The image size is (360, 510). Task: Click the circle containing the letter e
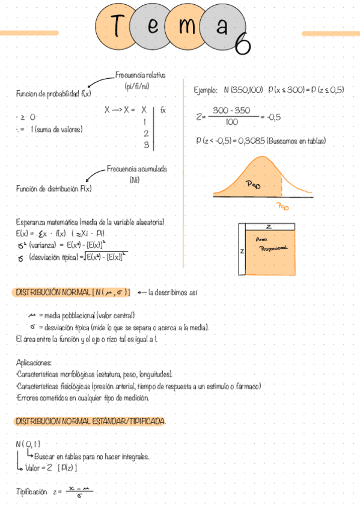[153, 27]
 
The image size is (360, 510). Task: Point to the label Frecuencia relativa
[140, 75]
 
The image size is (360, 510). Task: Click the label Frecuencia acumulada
[137, 170]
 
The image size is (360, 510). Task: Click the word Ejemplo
[206, 90]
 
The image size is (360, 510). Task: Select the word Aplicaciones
[34, 363]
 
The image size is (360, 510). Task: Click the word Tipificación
[31, 491]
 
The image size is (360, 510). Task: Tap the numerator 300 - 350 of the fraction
[231, 111]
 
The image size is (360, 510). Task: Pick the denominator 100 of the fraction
[231, 122]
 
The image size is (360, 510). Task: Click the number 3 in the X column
[145, 145]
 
